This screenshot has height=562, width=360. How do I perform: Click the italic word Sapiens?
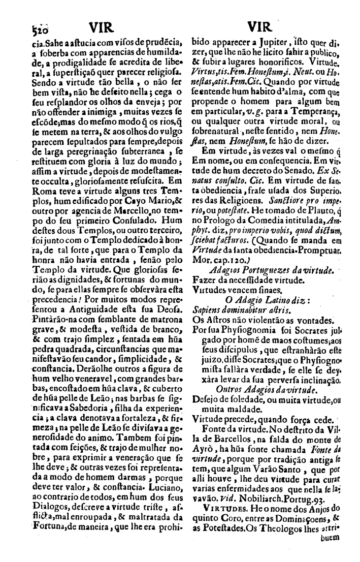[x=209, y=308]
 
